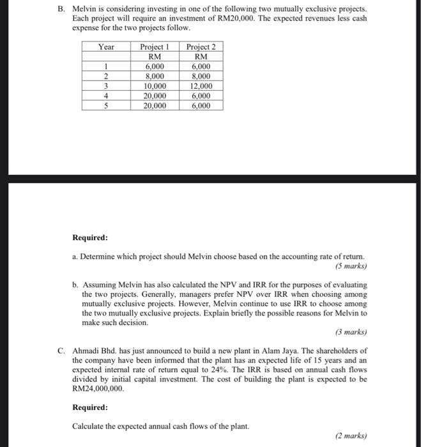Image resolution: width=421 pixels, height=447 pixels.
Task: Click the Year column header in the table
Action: point(105,47)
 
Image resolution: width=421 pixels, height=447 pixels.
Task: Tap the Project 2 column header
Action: point(201,47)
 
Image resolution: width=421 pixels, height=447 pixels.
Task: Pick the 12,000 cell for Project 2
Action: point(201,86)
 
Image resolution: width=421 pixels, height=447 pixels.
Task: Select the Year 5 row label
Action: point(105,106)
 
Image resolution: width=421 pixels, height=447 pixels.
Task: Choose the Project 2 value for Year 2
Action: point(201,76)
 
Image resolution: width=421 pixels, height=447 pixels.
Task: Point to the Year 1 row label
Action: point(105,66)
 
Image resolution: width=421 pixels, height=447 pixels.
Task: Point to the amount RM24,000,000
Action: point(96,388)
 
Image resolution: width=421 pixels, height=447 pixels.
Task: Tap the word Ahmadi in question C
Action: point(87,351)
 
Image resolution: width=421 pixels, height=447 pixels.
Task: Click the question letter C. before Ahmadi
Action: point(61,351)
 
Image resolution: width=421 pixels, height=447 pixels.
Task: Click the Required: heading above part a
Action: point(90,238)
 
